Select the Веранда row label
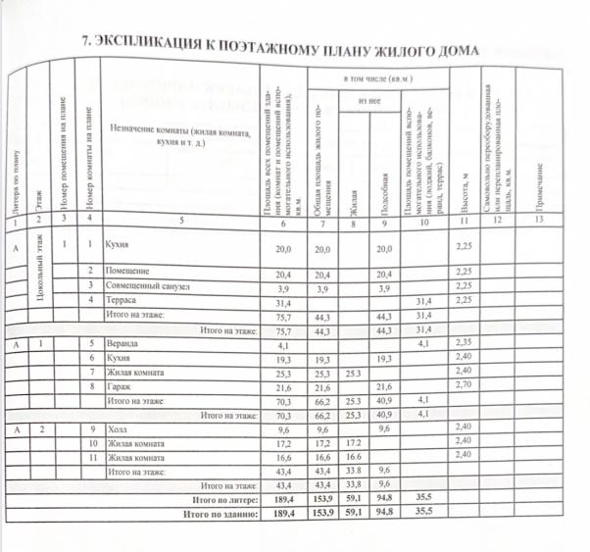pos(124,345)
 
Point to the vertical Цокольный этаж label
pos(38,284)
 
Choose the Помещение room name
pos(127,271)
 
